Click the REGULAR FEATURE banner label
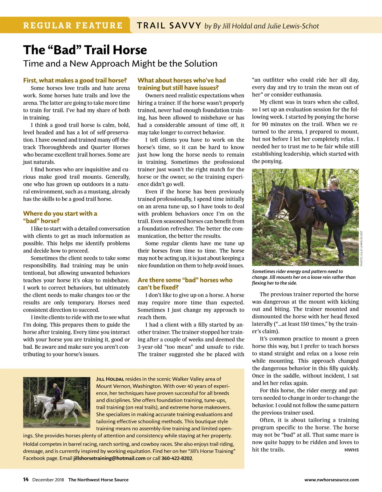coord(73,25)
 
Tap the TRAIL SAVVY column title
coord(169,25)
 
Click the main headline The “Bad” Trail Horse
coord(85,50)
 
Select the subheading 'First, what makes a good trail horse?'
coord(75,80)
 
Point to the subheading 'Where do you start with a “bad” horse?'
coord(60,217)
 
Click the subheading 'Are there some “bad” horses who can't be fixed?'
coord(185,283)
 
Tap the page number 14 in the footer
coord(26,480)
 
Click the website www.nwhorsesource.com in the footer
coord(331,480)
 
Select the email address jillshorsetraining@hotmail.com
coord(109,458)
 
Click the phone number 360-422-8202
coord(177,458)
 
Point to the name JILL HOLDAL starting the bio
coord(110,379)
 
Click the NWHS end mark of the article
coord(351,450)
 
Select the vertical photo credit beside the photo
coord(362,248)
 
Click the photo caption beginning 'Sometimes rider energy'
coord(303,277)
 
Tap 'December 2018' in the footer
coord(48,480)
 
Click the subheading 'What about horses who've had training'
coord(181,84)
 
